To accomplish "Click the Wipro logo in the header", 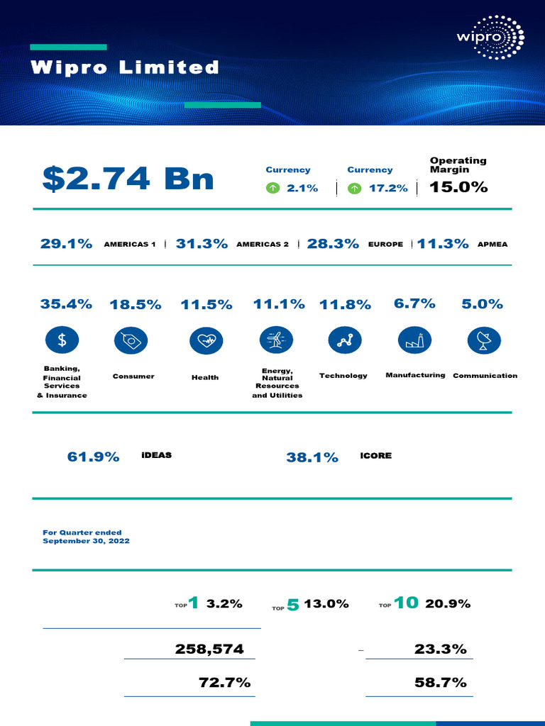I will [x=490, y=38].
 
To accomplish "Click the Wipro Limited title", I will [x=125, y=68].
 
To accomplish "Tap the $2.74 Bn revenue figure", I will [x=128, y=179].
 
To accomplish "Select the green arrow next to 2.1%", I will [x=272, y=189].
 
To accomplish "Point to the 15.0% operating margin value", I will [x=458, y=187].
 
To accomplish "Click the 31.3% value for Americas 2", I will [x=202, y=244].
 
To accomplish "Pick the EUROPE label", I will [x=385, y=245].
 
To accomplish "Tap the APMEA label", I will [x=492, y=245].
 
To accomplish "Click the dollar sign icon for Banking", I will [x=62, y=340].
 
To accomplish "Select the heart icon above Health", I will [x=206, y=340].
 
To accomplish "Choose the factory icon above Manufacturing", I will [x=415, y=340].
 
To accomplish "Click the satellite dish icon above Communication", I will [x=485, y=340].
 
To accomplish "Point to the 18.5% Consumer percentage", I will [x=135, y=305].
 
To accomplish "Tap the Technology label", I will [x=343, y=376].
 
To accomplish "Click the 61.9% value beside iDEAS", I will [x=93, y=457].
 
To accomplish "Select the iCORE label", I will [x=375, y=456].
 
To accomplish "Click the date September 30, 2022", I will [x=86, y=541].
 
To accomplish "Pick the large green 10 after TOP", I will [x=406, y=603].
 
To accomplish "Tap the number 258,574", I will [x=209, y=649].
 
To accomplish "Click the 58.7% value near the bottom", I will [x=440, y=683].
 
